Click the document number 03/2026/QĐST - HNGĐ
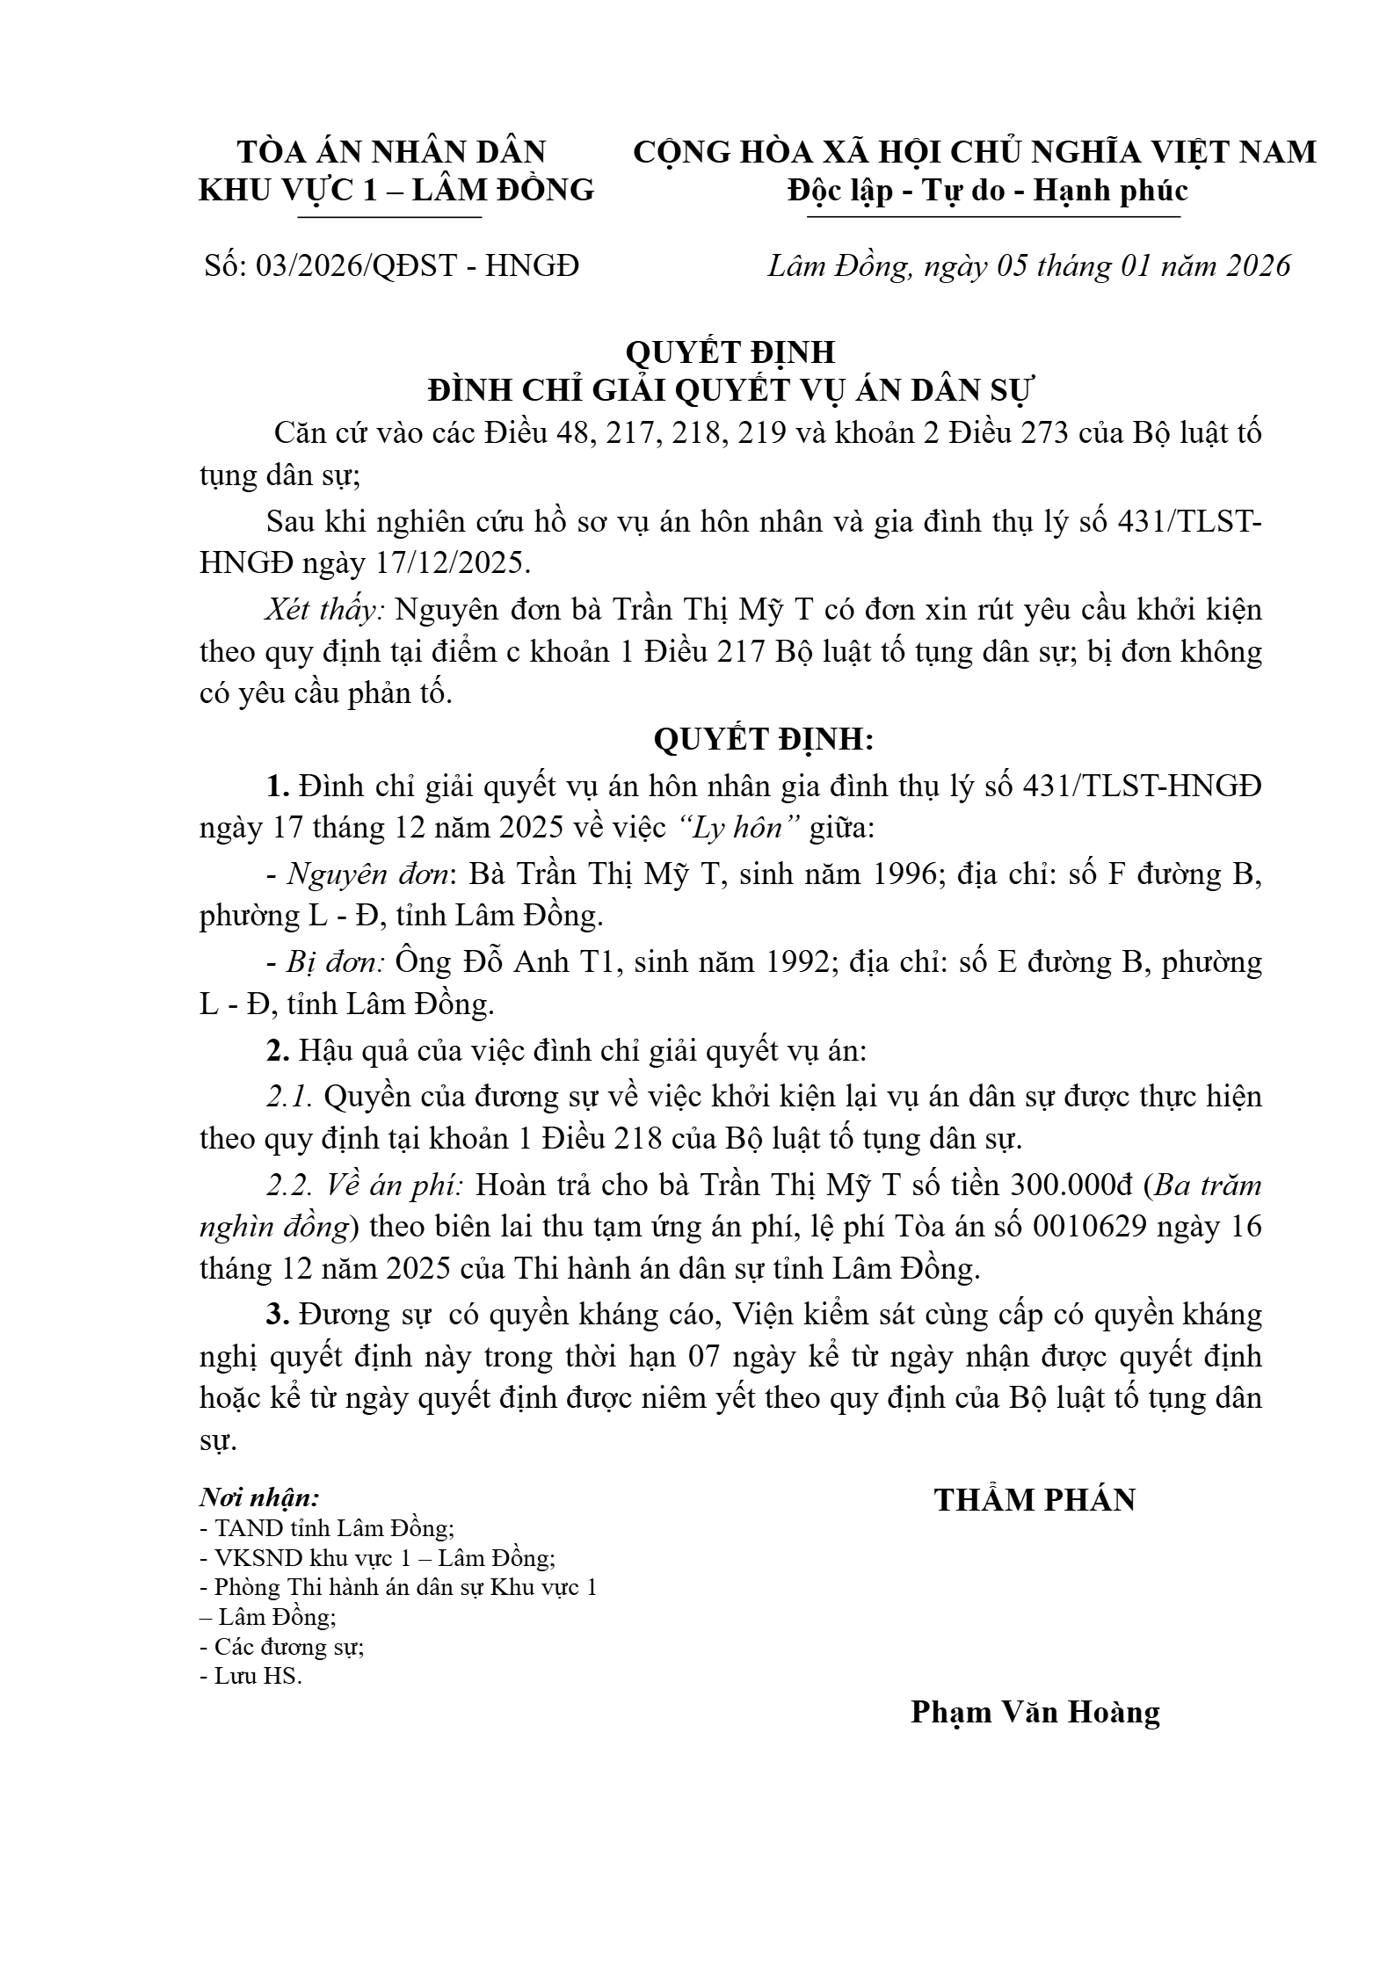pos(391,265)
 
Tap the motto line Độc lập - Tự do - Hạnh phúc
pos(987,190)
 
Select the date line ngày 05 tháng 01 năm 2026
pos(1028,265)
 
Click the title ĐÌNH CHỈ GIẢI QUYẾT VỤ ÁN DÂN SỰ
pos(730,389)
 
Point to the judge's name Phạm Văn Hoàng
pos(1035,1712)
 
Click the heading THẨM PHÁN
pos(1035,1499)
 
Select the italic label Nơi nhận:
pos(259,1497)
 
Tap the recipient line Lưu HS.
pos(252,1676)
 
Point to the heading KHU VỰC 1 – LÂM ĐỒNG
pos(396,190)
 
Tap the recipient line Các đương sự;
pos(283,1646)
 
